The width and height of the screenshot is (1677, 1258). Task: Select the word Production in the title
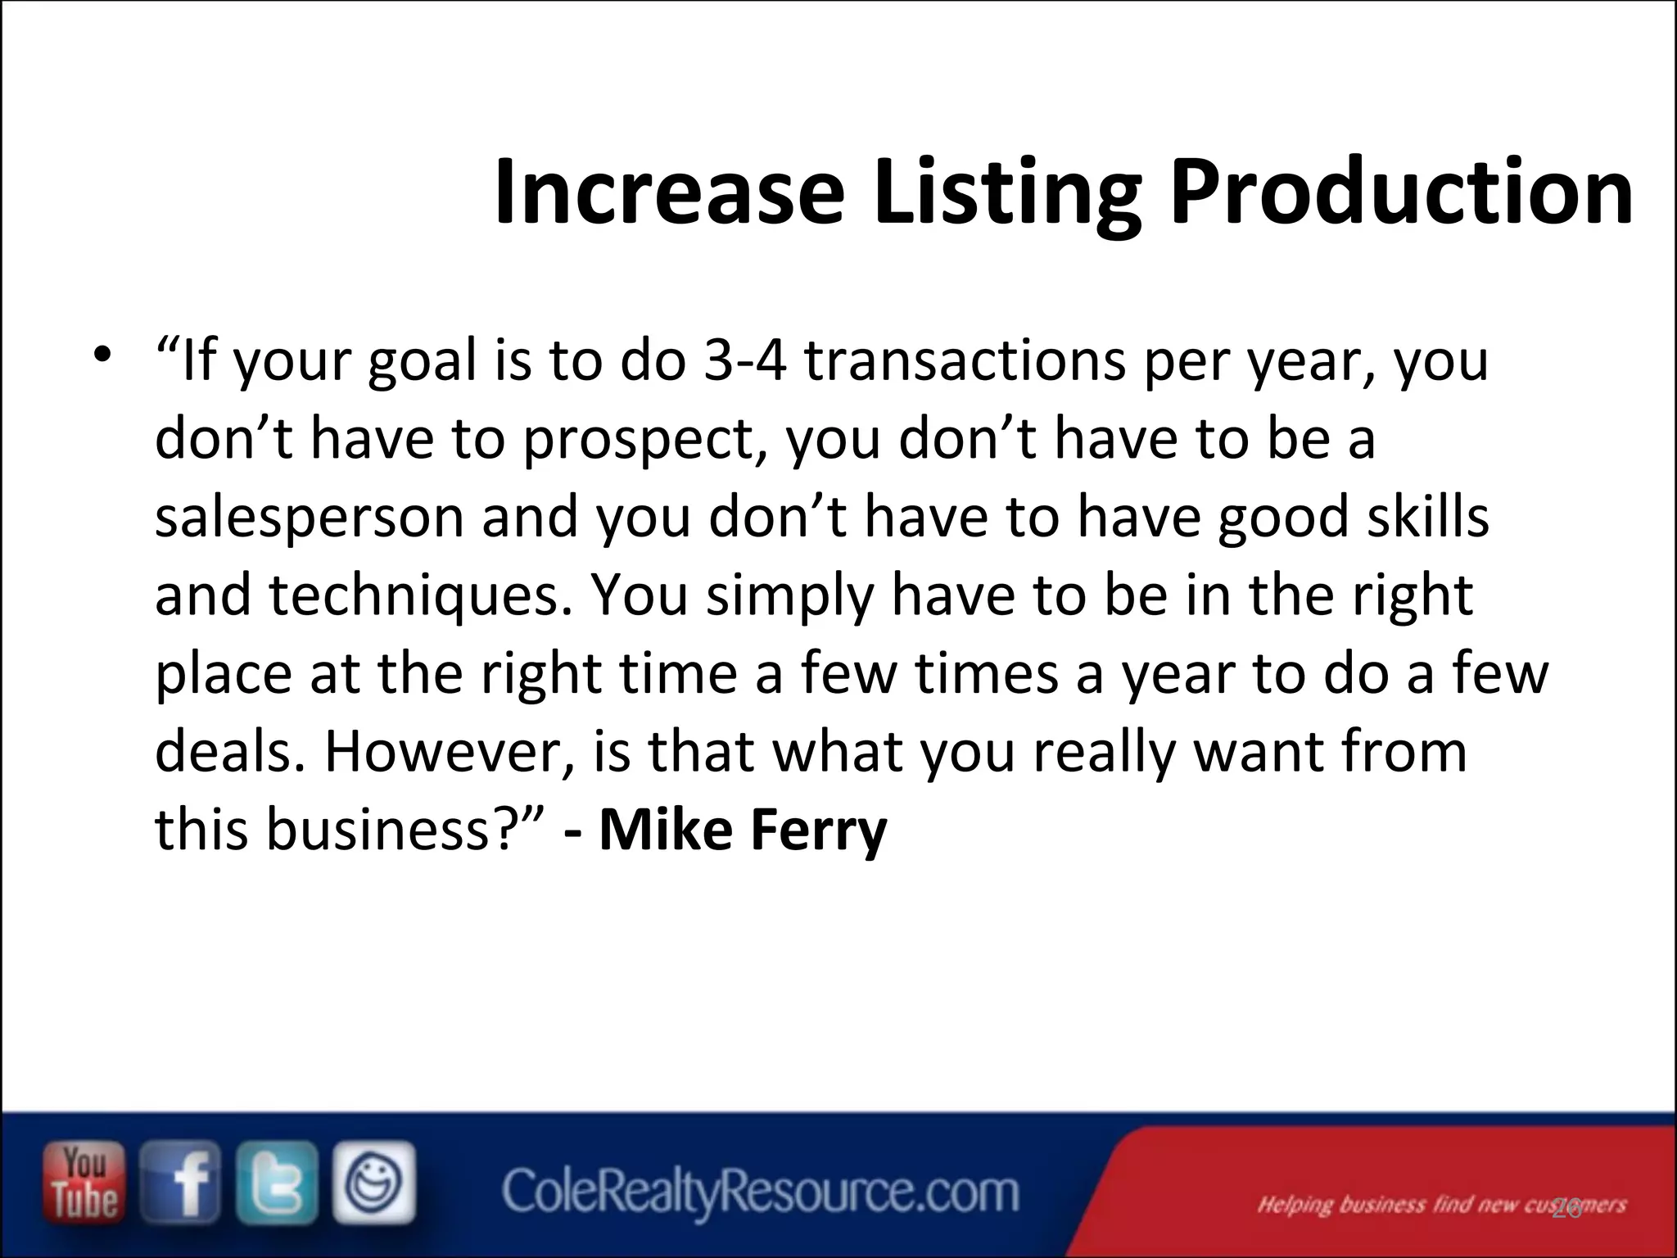[x=1401, y=192]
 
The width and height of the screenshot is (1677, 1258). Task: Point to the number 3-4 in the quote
[x=744, y=361]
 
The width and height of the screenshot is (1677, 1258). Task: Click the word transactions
[x=965, y=361]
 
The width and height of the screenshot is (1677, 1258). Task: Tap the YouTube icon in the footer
[x=84, y=1182]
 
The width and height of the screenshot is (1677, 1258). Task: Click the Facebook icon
[x=179, y=1182]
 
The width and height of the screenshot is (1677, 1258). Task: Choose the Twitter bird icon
[x=276, y=1182]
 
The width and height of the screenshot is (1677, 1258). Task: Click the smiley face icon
[x=373, y=1182]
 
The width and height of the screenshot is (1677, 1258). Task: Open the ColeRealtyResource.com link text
[x=761, y=1192]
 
